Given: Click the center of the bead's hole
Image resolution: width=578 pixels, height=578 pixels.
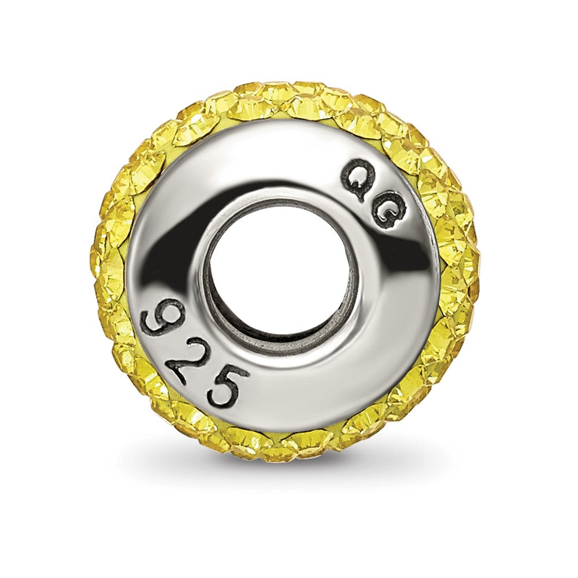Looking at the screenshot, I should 283,269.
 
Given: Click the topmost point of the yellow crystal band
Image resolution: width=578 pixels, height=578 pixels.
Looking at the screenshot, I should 283,84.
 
